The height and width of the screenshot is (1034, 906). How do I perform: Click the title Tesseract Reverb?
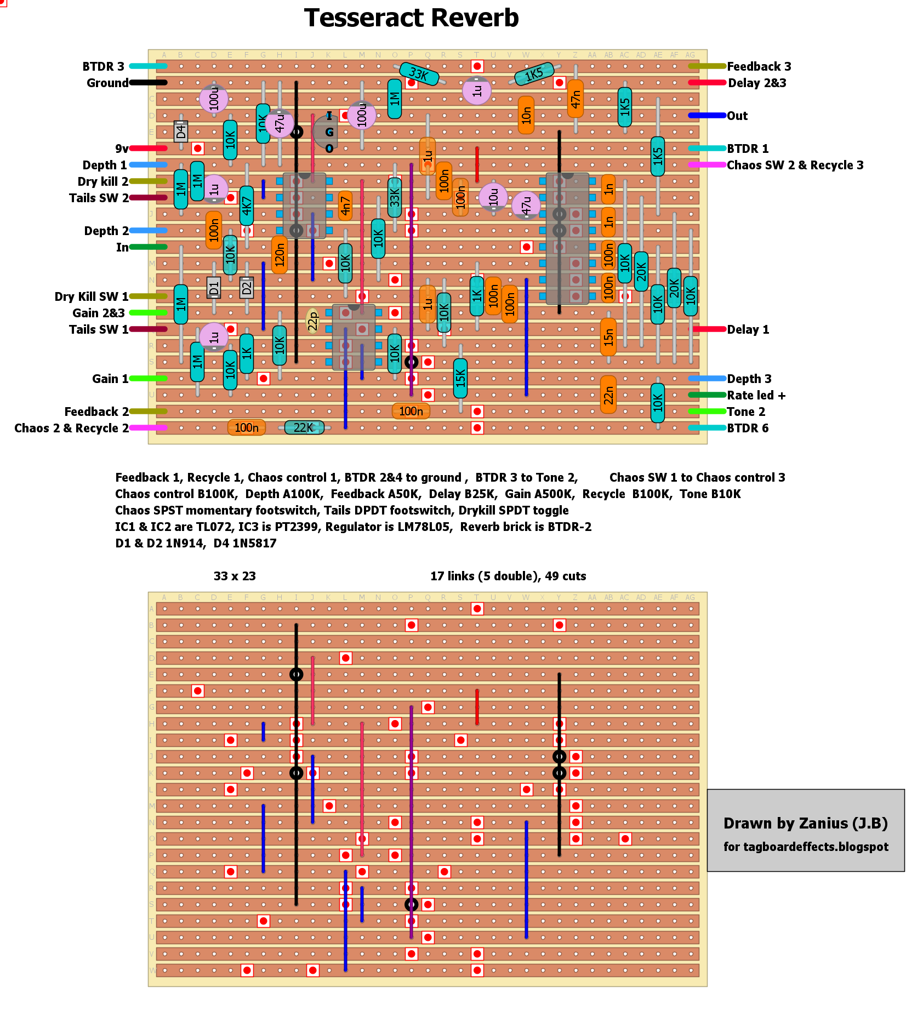[411, 18]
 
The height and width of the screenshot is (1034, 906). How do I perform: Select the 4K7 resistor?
[247, 205]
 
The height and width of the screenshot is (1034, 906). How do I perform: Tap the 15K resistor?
[460, 378]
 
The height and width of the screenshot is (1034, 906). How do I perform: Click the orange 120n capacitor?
[280, 255]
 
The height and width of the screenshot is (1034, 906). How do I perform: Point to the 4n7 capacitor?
[345, 205]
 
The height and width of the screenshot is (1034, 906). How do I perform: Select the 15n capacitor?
[608, 337]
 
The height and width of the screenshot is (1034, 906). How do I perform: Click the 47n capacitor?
[575, 99]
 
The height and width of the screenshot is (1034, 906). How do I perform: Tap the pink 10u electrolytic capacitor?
[493, 196]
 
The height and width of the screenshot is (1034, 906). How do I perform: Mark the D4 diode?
[181, 132]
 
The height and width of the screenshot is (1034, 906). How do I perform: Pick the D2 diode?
[247, 287]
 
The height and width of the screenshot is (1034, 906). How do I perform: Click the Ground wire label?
[107, 83]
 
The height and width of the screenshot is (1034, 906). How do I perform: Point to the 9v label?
[122, 148]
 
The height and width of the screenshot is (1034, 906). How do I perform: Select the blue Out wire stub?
[707, 116]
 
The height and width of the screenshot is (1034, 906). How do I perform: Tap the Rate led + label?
[756, 395]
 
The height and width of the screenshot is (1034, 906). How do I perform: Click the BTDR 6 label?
[748, 428]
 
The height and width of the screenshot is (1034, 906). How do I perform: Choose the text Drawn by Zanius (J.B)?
[805, 823]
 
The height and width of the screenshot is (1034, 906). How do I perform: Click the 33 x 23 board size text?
[235, 576]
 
